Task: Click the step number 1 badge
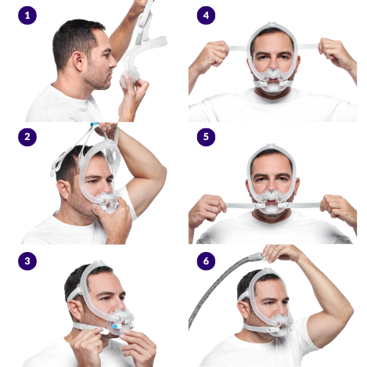27,16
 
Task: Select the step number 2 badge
27,137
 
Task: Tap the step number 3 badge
27,261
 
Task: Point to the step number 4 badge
206,16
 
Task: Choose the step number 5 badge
206,137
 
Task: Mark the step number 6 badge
206,261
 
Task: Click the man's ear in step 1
78,61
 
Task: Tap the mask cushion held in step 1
128,77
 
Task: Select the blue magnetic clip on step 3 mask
115,326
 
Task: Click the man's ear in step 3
75,310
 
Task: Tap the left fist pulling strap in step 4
214,53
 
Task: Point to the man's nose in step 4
273,65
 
